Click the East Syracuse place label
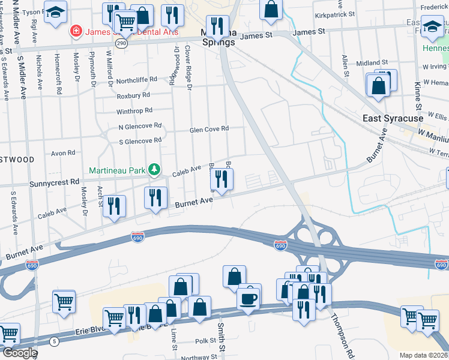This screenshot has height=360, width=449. pos(393,119)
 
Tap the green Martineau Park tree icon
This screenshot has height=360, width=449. pos(155,170)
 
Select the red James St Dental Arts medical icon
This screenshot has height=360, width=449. pos(76,30)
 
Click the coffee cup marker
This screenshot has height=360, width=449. pos(248,297)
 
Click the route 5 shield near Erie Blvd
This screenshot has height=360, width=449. pos(55,341)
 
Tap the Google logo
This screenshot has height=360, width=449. pos(19,353)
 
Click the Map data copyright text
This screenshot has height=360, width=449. pos(424,355)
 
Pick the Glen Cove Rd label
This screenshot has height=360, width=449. pos(209,129)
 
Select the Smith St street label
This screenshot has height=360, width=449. pos(221,337)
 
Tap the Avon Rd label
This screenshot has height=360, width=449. pos(63,153)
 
